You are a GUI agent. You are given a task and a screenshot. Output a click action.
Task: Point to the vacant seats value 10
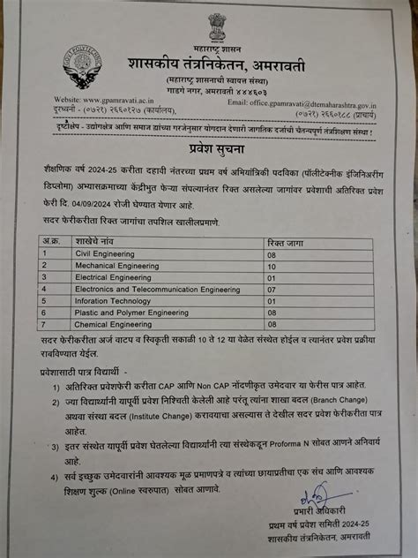[271, 265]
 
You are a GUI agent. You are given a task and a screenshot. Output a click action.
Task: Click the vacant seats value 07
[271, 288]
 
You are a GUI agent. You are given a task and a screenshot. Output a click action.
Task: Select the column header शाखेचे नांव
[88, 239]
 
